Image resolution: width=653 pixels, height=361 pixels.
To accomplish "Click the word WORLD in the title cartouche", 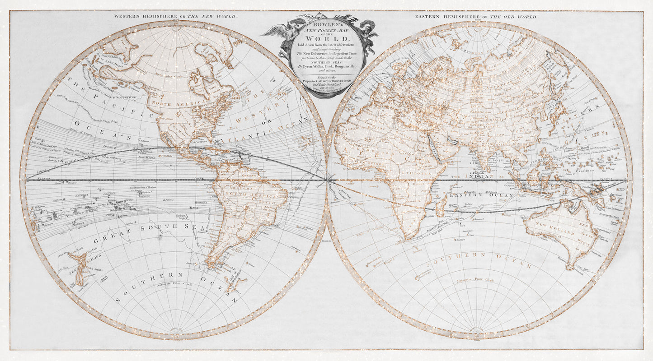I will click(319, 39).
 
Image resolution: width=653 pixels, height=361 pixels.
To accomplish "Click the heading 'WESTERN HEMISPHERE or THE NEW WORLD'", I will click(175, 16).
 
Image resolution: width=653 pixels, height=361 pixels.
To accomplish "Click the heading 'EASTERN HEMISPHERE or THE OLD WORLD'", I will click(475, 17).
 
